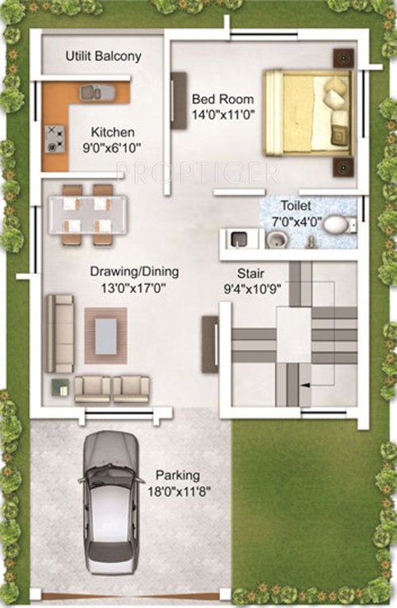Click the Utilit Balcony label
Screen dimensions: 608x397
pyautogui.click(x=103, y=56)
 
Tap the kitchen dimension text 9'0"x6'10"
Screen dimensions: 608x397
pyautogui.click(x=112, y=146)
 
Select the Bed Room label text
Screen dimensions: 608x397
pyautogui.click(x=223, y=99)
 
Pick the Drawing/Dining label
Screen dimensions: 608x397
pyautogui.click(x=134, y=272)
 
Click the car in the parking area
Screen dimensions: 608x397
pyautogui.click(x=111, y=500)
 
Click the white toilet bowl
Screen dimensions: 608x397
pyautogui.click(x=336, y=225)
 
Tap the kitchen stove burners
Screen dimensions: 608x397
pyautogui.click(x=55, y=138)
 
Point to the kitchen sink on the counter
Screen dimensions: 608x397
pyautogui.click(x=96, y=93)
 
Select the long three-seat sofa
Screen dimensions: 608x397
pyautogui.click(x=59, y=333)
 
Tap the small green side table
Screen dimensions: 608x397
pyautogui.click(x=59, y=387)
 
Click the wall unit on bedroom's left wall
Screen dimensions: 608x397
pyautogui.click(x=178, y=101)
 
